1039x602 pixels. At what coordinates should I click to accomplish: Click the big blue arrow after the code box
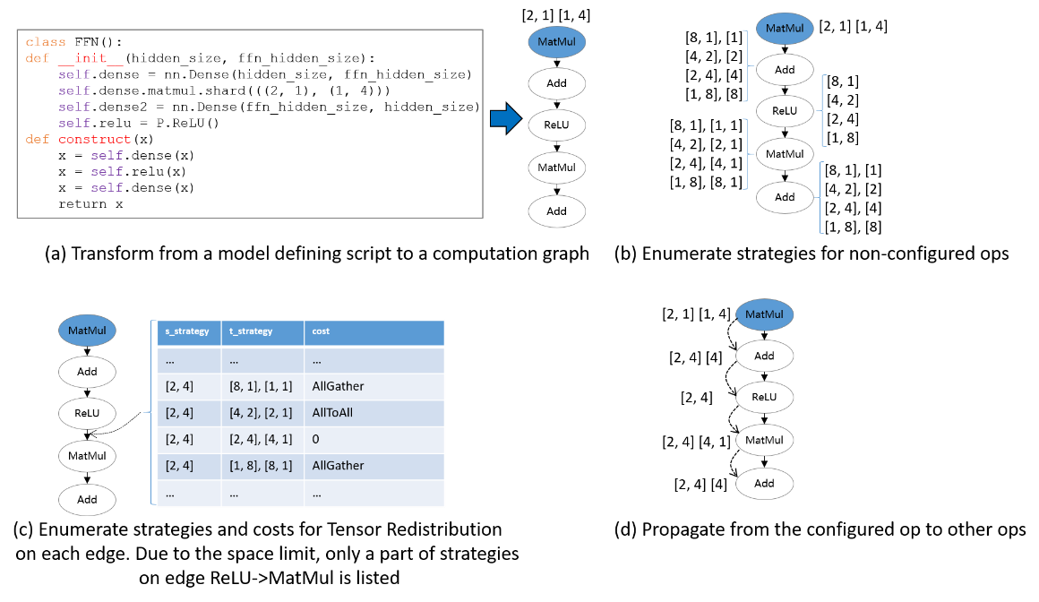(x=506, y=118)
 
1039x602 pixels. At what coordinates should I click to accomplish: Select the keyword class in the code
(x=46, y=42)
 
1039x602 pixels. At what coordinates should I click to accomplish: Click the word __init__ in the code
(x=90, y=58)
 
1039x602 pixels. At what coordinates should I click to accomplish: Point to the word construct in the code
(x=95, y=139)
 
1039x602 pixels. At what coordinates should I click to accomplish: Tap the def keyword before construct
(x=38, y=139)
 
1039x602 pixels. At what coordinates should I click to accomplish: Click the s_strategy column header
(x=187, y=331)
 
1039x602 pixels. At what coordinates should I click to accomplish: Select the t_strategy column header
(x=251, y=331)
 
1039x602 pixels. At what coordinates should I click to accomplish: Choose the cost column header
(x=321, y=331)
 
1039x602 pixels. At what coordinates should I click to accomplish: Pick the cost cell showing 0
(x=316, y=439)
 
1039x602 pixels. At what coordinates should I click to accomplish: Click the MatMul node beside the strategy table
(x=88, y=330)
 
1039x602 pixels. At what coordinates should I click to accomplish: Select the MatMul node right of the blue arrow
(x=556, y=42)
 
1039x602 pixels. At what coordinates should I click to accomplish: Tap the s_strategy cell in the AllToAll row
(x=179, y=413)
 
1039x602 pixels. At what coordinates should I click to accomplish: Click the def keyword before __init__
(x=38, y=58)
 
